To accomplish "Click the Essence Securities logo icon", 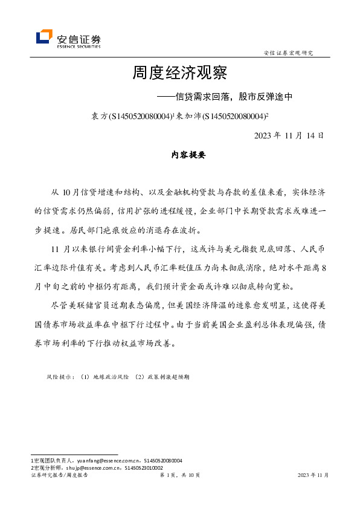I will [x=44, y=37].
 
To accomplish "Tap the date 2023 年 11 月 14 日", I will [x=289, y=135].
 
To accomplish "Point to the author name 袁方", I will [x=98, y=116].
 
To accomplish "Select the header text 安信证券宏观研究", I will [x=288, y=53].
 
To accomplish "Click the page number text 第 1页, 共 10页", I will [x=179, y=476].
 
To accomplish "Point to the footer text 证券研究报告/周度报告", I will [x=59, y=476].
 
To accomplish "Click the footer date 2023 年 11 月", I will [x=313, y=476].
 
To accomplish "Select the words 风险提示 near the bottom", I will [x=60, y=377].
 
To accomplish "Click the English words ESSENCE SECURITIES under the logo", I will [x=79, y=45].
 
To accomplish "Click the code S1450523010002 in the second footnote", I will [x=143, y=467].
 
